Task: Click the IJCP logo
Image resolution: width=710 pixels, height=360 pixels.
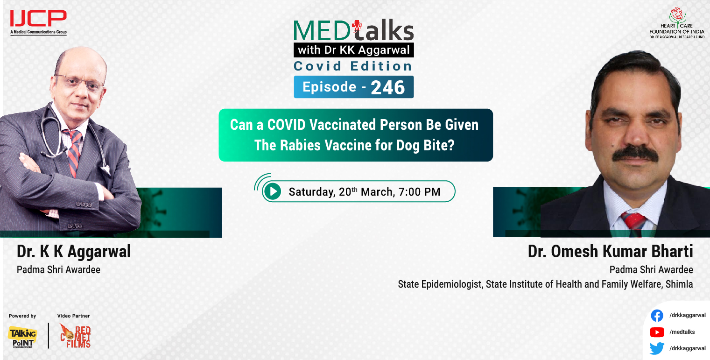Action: [x=38, y=21]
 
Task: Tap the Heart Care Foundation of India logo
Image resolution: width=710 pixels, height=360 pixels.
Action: [x=676, y=23]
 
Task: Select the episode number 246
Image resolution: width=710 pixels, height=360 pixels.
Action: [x=388, y=87]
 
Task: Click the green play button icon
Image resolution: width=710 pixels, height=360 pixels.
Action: [x=272, y=191]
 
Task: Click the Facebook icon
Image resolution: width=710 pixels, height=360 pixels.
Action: [x=657, y=316]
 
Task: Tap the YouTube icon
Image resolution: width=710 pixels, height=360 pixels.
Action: [x=657, y=332]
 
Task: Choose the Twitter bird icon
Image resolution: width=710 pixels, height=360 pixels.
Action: [x=657, y=348]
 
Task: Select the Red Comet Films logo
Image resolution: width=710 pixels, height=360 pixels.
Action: [x=75, y=335]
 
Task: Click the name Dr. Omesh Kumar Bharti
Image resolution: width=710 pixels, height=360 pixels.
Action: [x=610, y=252]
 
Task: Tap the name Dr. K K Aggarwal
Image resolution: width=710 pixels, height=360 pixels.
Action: [x=74, y=252]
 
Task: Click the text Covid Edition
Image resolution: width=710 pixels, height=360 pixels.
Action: [x=353, y=66]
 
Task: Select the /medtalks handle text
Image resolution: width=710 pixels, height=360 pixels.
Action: [x=682, y=332]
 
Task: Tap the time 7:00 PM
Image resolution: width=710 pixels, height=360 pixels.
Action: [x=420, y=191]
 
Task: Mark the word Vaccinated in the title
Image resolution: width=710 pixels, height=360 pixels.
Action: [x=341, y=125]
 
